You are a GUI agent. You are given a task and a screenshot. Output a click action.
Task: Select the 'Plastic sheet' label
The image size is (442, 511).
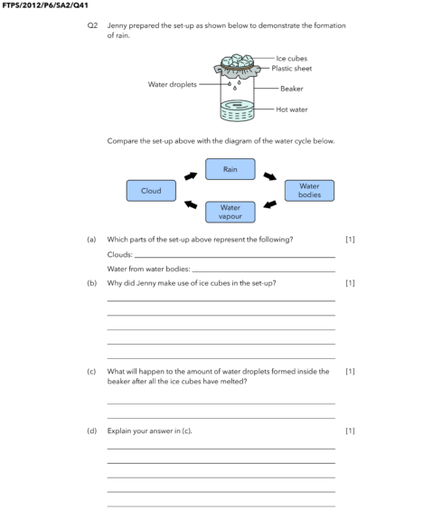[296, 69]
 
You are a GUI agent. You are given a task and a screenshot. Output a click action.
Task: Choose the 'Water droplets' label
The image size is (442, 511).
[173, 84]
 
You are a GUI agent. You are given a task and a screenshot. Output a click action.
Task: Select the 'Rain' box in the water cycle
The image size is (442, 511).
[230, 169]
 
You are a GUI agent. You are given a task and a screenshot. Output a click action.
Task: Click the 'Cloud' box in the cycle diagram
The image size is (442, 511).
[151, 191]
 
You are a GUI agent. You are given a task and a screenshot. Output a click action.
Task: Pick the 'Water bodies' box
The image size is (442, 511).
[308, 191]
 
